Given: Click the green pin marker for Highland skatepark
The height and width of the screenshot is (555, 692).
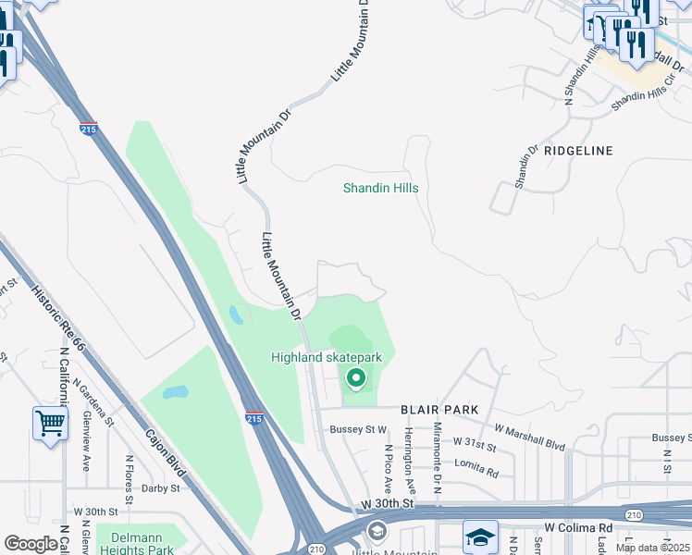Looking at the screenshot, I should tap(355, 378).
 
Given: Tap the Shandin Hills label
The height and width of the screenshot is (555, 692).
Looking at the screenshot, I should tap(380, 188).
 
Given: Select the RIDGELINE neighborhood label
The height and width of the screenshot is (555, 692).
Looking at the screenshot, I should tap(579, 149).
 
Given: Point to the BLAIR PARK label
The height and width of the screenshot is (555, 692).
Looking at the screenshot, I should tap(439, 409).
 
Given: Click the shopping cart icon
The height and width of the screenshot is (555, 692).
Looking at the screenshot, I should tap(50, 424).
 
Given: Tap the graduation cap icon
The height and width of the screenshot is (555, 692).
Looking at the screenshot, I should tap(480, 537).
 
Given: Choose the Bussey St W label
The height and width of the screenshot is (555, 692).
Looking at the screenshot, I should tap(357, 429).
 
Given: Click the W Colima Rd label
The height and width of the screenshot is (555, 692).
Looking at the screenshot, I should tap(579, 527).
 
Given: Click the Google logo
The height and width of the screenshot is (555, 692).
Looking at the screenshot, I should tap(31, 544).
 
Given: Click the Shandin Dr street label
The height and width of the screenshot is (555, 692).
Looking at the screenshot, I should tap(525, 166).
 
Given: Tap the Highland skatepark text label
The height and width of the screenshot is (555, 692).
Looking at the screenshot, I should tap(326, 357).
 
